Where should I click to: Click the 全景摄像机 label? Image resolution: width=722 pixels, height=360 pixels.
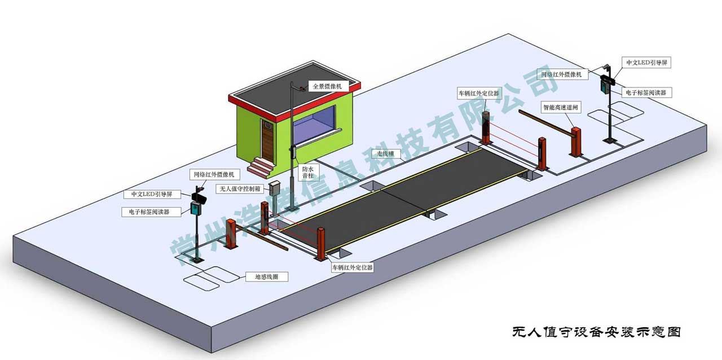point(327,86)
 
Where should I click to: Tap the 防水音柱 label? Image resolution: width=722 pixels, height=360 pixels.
point(308,172)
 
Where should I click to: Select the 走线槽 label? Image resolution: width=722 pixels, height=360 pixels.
point(385,153)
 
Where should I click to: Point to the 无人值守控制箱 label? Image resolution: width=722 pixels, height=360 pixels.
point(240,188)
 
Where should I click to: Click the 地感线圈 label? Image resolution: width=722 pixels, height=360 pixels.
point(267,277)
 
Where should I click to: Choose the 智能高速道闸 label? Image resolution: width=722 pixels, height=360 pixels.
point(561,107)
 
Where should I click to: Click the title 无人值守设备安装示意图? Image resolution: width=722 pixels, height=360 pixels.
point(596,332)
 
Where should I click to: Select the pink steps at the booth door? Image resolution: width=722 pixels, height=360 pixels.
point(261,168)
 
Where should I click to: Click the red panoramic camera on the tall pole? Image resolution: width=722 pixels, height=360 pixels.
point(302,88)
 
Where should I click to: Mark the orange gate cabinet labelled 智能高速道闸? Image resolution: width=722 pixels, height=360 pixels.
point(576,142)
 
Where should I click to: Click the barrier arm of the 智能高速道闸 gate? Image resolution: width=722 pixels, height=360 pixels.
point(545,122)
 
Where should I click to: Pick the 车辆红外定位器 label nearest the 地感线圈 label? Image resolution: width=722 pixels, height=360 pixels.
point(353,267)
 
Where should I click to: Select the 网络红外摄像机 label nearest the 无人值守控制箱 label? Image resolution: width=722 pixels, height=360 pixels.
point(214,174)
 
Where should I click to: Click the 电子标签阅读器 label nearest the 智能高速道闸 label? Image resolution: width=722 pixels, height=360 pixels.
point(646,93)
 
